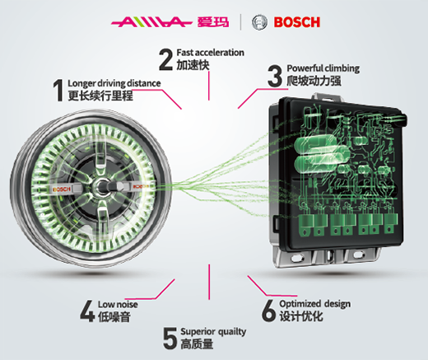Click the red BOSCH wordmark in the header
tap(297, 22)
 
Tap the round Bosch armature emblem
tap(259, 22)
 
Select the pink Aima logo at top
tap(151, 22)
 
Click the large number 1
tap(58, 91)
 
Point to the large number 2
tap(166, 59)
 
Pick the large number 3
tap(275, 76)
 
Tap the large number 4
tap(87, 311)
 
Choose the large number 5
tap(170, 338)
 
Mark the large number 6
tap(268, 311)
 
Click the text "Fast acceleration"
tap(211, 53)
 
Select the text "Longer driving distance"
tap(114, 83)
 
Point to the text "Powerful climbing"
tap(323, 68)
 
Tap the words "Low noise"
tap(118, 304)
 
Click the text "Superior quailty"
tap(213, 332)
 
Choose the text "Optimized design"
tap(315, 304)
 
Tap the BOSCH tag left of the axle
tap(62, 189)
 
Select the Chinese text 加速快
tap(193, 65)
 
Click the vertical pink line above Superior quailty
tap(209, 282)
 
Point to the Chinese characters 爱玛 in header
tap(213, 22)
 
